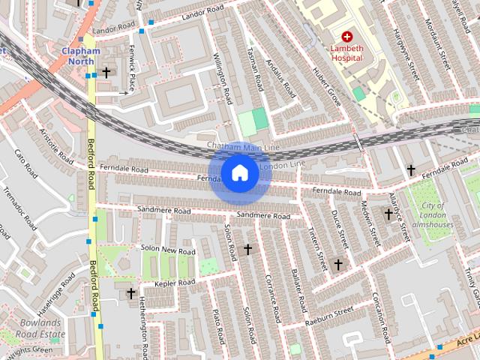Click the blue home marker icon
pos(239,173)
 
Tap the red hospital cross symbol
pos(347,36)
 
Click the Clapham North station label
pos(80,56)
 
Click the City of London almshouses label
pos(432,214)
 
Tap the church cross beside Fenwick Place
pos(106,73)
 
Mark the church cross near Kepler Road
pos(131,293)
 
